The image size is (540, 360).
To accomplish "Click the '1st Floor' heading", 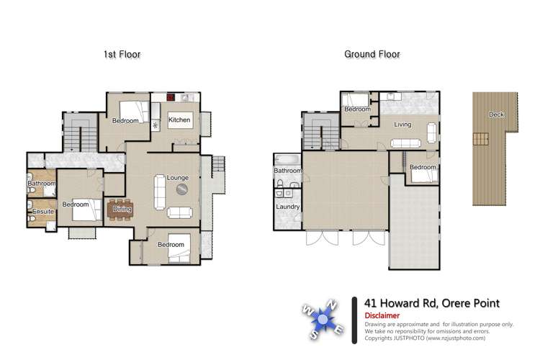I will click(x=122, y=54).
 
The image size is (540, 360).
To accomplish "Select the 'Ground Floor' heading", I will click(x=372, y=54).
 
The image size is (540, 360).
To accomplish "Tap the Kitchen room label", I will click(x=180, y=120).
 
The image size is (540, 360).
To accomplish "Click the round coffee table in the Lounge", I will click(x=183, y=190).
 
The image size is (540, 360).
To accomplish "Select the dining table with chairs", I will click(x=120, y=209).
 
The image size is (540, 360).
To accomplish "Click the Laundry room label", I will click(x=288, y=207).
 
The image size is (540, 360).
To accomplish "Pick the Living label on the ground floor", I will click(x=402, y=125).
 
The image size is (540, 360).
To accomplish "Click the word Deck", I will click(x=496, y=114).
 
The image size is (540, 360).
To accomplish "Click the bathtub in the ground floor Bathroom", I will click(x=287, y=159).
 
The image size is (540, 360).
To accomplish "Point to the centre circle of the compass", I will click(x=323, y=318).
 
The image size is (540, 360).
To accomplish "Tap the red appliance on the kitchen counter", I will click(x=171, y=96).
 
